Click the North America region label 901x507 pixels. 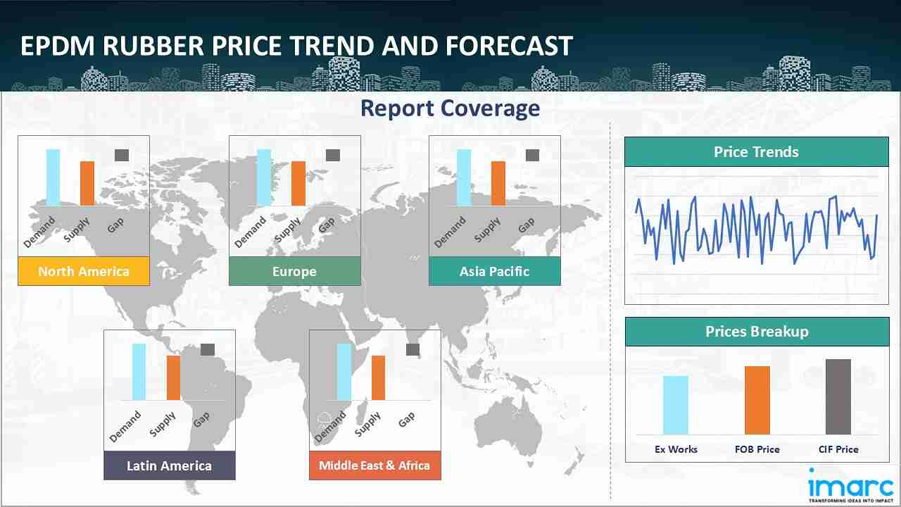(x=84, y=271)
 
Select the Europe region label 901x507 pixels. (x=294, y=271)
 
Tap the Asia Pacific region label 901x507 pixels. (x=494, y=271)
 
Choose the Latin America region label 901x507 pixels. (x=169, y=465)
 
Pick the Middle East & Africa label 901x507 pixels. (x=374, y=465)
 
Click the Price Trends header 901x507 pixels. (x=756, y=152)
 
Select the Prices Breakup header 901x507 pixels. (x=756, y=332)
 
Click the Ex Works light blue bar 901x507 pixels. (x=675, y=405)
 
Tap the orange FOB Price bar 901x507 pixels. (x=757, y=400)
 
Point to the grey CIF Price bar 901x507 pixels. (x=838, y=396)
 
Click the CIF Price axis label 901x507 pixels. (x=838, y=449)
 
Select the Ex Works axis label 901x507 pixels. (x=676, y=449)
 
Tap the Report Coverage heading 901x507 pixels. (x=450, y=108)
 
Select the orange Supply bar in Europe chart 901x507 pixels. (x=298, y=183)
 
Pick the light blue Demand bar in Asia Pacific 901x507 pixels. (x=464, y=177)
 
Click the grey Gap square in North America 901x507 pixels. (x=122, y=155)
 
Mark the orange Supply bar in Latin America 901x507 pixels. (x=173, y=377)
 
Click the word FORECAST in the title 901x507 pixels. (x=509, y=46)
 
